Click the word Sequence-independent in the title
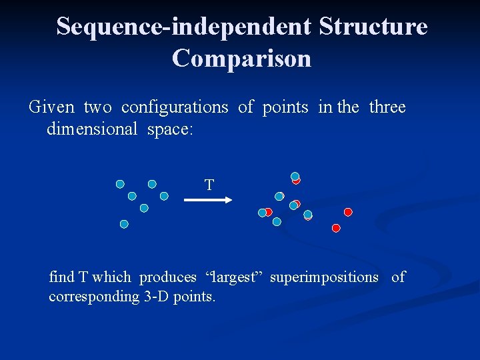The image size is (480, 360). click(x=183, y=27)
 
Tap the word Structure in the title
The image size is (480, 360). click(x=373, y=27)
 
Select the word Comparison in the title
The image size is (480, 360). click(x=241, y=59)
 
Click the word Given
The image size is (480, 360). click(x=52, y=107)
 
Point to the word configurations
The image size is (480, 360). click(x=175, y=107)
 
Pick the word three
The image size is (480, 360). click(x=387, y=107)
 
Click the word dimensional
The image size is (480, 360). click(x=91, y=129)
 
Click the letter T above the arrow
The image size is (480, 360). click(x=209, y=185)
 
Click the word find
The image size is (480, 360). click(x=61, y=277)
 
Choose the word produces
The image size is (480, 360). click(x=167, y=277)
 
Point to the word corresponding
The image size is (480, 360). click(x=93, y=297)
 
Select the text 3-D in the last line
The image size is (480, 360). click(x=157, y=297)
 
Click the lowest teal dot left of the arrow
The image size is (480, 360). click(x=124, y=225)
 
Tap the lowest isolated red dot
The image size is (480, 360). click(x=336, y=228)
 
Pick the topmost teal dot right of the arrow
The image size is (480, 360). click(x=295, y=177)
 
